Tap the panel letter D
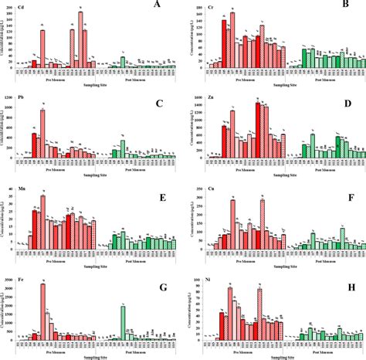tap(348, 102)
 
